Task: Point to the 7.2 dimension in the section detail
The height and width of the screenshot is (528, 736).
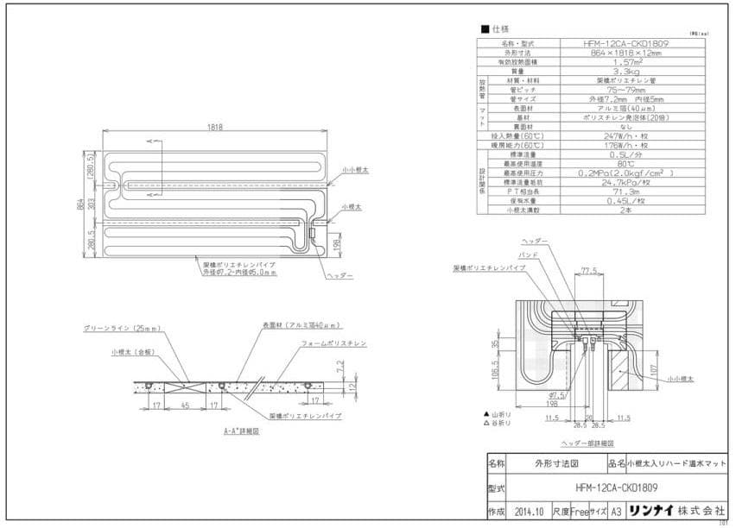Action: tap(339, 367)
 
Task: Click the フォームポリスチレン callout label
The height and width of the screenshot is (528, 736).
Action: tap(333, 343)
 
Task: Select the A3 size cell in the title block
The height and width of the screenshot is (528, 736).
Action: tap(615, 511)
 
